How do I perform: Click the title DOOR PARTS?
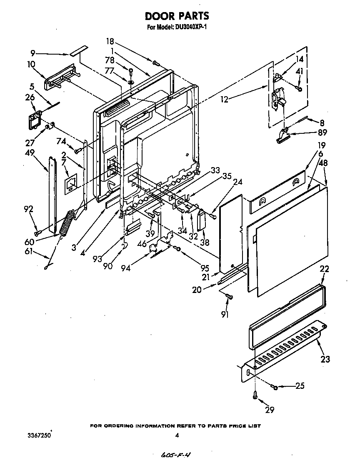coord(177,16)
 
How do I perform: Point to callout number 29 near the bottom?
coord(270,410)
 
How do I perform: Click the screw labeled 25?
coord(275,388)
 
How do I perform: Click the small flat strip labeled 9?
coord(78,51)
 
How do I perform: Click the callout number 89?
coord(322,133)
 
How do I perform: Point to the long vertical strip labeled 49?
coord(52,194)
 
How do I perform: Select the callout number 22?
coord(325,269)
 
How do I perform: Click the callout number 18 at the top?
coord(110,41)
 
